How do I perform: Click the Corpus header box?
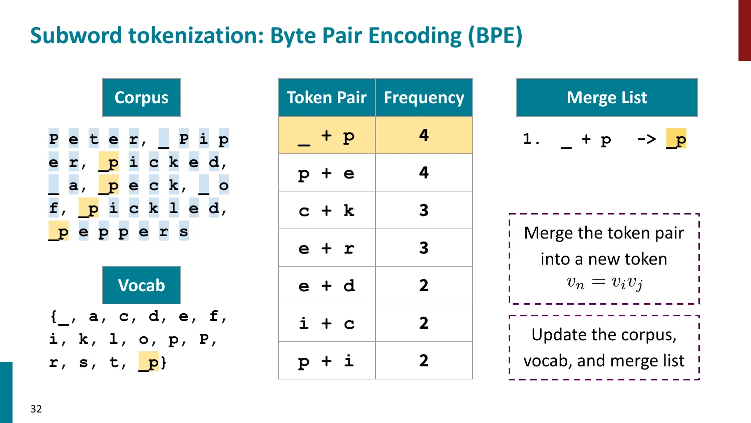[x=141, y=97]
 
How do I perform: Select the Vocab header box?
[x=141, y=285]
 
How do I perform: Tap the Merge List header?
[x=607, y=97]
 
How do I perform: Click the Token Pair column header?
[x=326, y=97]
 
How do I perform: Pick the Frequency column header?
[x=424, y=97]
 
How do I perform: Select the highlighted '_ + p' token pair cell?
[x=326, y=135]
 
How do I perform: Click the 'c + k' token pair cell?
[x=326, y=210]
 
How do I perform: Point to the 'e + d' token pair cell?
[x=326, y=286]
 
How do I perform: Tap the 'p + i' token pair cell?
[x=326, y=361]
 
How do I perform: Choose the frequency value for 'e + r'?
[x=424, y=248]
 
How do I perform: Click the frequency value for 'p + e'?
[x=424, y=173]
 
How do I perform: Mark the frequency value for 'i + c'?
[x=424, y=323]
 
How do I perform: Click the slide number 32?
[x=36, y=409]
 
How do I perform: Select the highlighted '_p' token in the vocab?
[x=149, y=362]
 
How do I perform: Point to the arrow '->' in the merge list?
[x=646, y=139]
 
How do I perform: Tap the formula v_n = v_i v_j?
[x=604, y=283]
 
